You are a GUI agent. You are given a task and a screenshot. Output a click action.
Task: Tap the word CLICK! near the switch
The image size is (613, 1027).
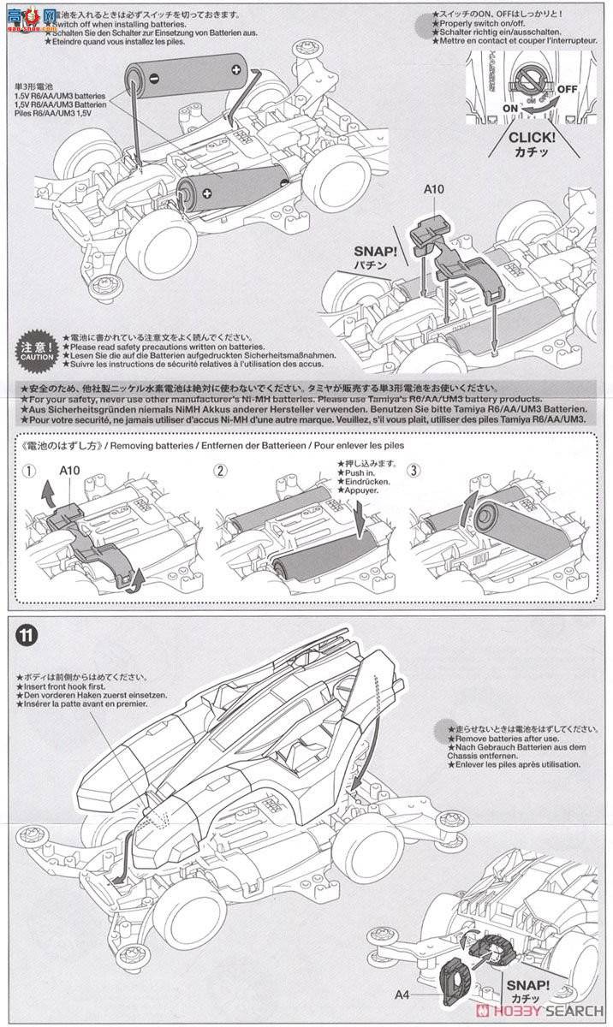(x=532, y=136)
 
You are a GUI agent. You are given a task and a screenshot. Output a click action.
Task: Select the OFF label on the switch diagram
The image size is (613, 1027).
(x=567, y=89)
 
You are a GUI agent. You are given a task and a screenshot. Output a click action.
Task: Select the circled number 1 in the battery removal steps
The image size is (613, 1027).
(x=31, y=470)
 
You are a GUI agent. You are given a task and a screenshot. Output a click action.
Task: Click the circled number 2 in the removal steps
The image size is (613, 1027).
(x=221, y=470)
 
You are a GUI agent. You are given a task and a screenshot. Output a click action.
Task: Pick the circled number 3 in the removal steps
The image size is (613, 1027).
(x=414, y=470)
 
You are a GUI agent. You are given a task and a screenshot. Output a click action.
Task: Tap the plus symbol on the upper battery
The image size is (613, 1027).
(x=235, y=68)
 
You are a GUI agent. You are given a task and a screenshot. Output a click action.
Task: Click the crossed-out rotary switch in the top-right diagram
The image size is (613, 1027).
(x=530, y=82)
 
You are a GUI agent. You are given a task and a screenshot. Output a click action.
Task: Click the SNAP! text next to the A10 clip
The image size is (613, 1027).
(x=377, y=254)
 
